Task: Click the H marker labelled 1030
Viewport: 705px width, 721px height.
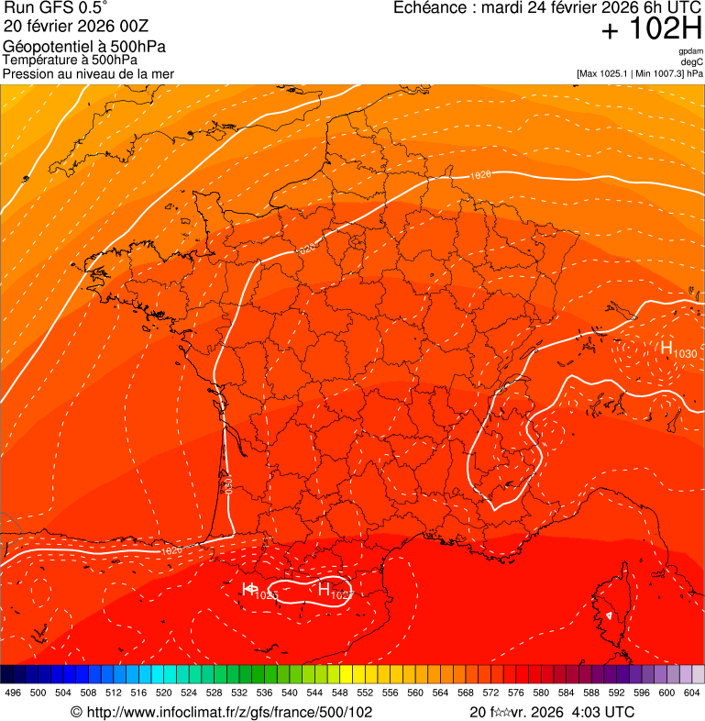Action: click(x=666, y=348)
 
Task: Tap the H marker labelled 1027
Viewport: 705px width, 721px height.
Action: click(x=324, y=590)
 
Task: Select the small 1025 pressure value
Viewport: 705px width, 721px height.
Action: click(x=266, y=596)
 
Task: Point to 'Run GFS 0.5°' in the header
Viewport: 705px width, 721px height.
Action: click(x=56, y=8)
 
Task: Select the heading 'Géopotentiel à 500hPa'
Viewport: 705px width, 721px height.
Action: click(x=84, y=47)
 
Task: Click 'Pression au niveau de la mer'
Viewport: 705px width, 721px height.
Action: click(x=88, y=73)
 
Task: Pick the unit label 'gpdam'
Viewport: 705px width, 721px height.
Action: click(x=690, y=51)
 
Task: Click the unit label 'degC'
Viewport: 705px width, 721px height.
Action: click(x=692, y=62)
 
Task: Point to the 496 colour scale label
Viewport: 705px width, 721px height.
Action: click(x=13, y=692)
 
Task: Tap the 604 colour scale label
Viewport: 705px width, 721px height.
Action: click(x=692, y=692)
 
